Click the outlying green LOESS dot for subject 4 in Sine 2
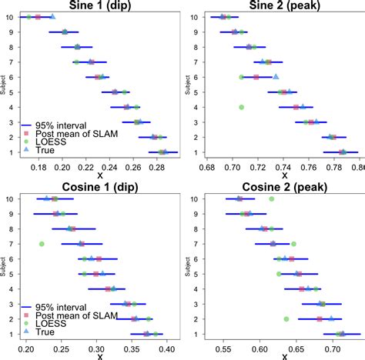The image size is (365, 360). [242, 107]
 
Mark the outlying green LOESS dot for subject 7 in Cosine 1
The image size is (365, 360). [42, 244]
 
